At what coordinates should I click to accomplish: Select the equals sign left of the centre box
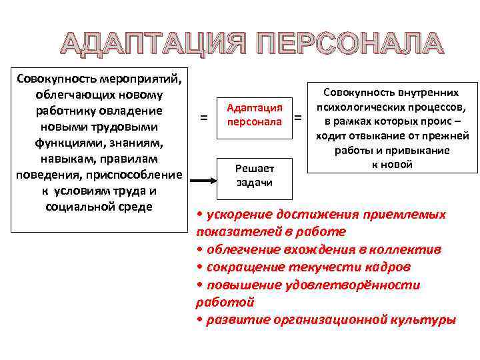tap(204, 118)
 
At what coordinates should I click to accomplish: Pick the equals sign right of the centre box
tap(298, 118)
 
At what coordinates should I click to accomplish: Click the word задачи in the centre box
tap(255, 183)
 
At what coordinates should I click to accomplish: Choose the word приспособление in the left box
tap(137, 174)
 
